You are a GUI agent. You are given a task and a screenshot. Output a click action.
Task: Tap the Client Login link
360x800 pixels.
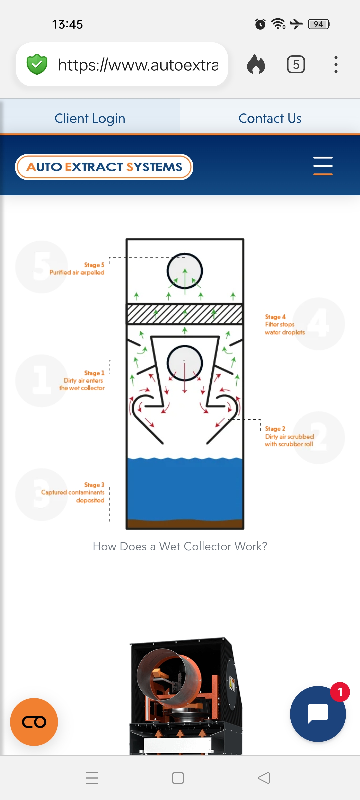[x=90, y=118]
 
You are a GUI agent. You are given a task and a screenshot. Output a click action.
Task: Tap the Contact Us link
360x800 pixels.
[x=270, y=118]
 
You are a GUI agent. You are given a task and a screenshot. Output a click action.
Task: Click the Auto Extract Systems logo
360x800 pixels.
[x=104, y=167]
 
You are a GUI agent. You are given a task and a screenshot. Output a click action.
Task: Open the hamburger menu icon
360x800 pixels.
[x=323, y=166]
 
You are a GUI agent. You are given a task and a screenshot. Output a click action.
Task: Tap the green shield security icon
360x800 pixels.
[x=37, y=64]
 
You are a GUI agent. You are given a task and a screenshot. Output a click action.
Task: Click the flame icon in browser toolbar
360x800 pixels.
[x=256, y=64]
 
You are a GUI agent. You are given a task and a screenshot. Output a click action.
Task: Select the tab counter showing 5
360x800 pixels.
[x=296, y=64]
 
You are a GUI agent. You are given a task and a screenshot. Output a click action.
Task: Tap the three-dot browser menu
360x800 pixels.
[x=336, y=64]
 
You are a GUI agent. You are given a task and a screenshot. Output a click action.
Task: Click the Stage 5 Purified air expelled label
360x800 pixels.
[x=77, y=269]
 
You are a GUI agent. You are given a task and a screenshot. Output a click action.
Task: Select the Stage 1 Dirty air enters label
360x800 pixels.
[x=82, y=380]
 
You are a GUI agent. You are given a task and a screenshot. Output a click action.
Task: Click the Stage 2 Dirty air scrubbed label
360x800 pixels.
[x=289, y=436]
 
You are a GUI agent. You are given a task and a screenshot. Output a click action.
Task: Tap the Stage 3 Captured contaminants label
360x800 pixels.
[x=73, y=492]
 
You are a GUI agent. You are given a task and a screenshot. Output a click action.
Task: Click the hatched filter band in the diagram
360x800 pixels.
[x=185, y=314]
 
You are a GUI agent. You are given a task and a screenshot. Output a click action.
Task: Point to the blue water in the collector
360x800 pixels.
[x=185, y=489]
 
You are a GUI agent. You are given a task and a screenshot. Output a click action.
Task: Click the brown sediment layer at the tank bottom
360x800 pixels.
[x=185, y=524]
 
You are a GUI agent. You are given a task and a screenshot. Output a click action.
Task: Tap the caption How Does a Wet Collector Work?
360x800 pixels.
[x=180, y=546]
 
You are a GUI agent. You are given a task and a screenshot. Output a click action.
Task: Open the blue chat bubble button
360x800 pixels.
[x=318, y=714]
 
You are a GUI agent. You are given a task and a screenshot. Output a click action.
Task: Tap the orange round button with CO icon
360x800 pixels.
[x=34, y=722]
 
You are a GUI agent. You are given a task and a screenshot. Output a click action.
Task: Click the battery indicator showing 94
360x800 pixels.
[x=319, y=24]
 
